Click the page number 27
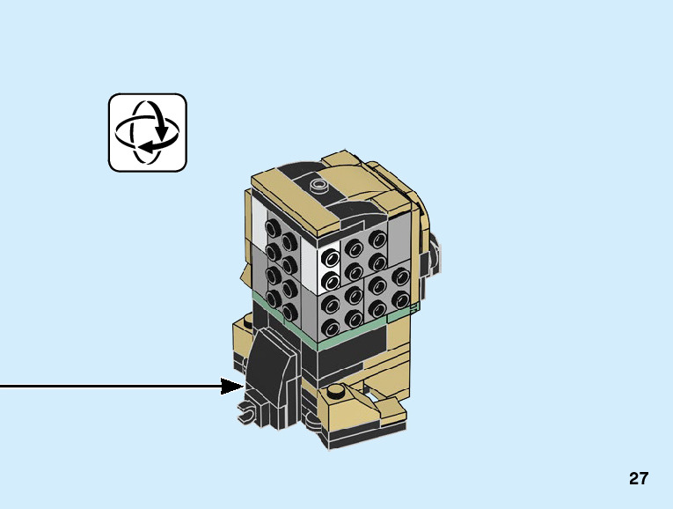click(x=639, y=479)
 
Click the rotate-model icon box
click(x=148, y=132)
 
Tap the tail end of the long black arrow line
click(x=3, y=386)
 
